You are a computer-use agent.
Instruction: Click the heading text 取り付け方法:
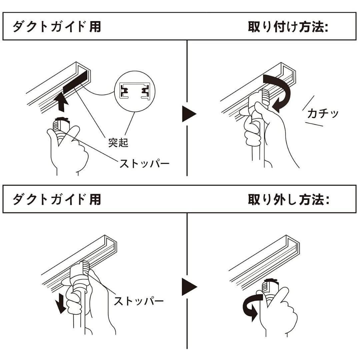point(288,27)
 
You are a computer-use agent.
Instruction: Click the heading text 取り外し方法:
point(288,200)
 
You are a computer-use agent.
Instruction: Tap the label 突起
point(118,142)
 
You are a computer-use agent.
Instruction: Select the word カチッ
point(323,113)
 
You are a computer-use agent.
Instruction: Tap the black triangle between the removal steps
point(189,287)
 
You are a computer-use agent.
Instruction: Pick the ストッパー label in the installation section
point(144,164)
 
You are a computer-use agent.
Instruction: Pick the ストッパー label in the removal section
point(139,301)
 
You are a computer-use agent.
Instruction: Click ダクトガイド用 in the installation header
point(57,27)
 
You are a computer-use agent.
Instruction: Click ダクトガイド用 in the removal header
point(57,200)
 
